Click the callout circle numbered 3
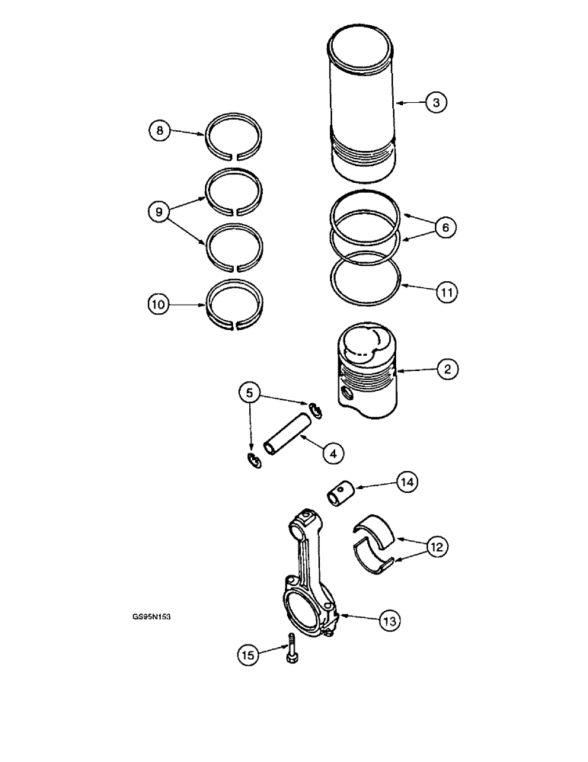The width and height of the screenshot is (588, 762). [434, 102]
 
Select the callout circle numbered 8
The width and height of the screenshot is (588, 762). [159, 131]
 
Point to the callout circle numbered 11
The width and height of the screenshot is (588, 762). [446, 290]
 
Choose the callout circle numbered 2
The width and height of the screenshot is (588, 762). [447, 370]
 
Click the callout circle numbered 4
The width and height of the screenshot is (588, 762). [332, 452]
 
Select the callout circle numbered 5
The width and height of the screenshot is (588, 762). [248, 394]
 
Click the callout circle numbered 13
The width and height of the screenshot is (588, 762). [390, 621]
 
